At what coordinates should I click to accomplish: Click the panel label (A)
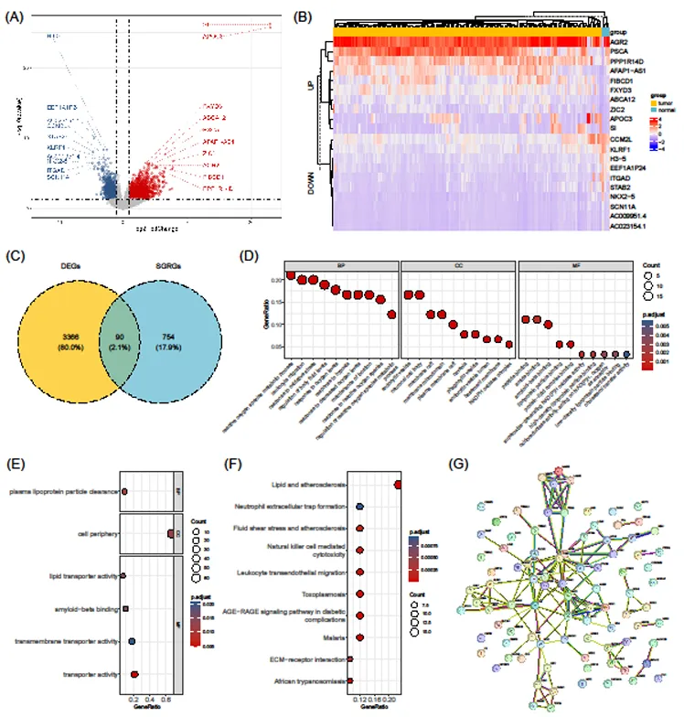point(16,16)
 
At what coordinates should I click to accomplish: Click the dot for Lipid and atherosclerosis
point(398,485)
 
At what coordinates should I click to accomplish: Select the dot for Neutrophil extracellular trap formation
point(360,507)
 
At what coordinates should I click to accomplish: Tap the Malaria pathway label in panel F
point(335,637)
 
